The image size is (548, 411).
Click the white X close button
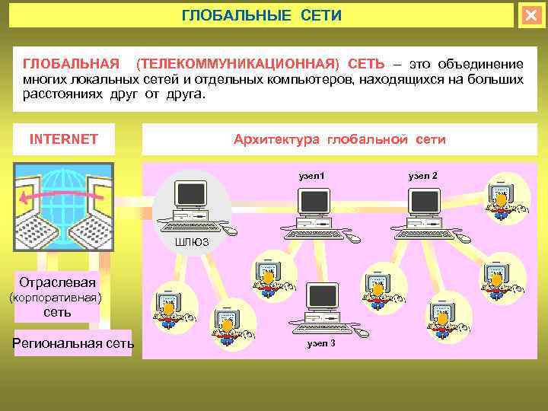530,15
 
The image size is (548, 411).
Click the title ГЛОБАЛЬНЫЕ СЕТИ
261,15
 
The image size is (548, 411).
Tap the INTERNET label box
63,139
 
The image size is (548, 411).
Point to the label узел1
311,176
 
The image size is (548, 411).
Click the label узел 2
422,176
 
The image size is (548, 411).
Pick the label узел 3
321,344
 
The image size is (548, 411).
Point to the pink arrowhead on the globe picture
25,199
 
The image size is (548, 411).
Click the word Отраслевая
58,282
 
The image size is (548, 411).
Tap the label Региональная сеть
73,344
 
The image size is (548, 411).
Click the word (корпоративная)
54,298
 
